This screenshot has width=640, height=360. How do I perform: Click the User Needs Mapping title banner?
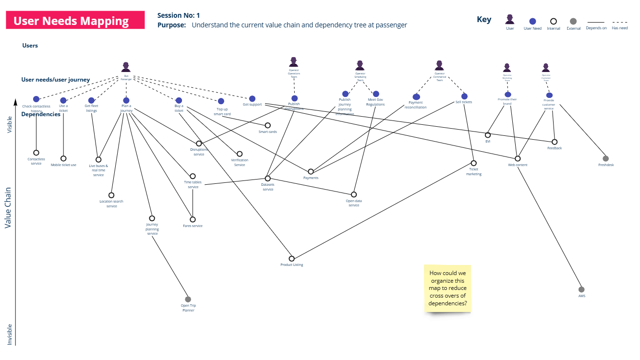[75, 20]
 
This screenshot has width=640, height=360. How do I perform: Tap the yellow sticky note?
[447, 288]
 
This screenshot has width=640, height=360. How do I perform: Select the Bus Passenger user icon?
[126, 67]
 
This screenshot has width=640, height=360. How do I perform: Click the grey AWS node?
[581, 289]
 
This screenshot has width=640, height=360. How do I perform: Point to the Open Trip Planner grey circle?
[188, 299]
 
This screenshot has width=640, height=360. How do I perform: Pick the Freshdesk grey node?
[605, 158]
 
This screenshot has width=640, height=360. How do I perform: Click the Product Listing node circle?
[291, 258]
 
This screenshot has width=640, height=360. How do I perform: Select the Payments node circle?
[311, 171]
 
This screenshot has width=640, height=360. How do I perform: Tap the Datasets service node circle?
[267, 178]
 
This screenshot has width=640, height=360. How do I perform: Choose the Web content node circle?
[518, 158]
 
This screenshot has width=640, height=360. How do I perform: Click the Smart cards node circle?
[267, 125]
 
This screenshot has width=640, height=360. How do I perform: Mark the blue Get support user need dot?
[252, 99]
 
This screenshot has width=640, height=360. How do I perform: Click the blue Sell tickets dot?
[464, 96]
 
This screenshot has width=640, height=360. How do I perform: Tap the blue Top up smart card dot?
[221, 101]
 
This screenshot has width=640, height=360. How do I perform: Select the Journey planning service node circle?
[152, 218]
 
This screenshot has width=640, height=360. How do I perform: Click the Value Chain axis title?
[8, 207]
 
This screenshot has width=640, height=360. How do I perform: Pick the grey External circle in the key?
[573, 21]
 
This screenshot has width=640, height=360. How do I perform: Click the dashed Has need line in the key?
[619, 22]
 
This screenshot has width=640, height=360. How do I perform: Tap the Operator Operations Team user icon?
[294, 62]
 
